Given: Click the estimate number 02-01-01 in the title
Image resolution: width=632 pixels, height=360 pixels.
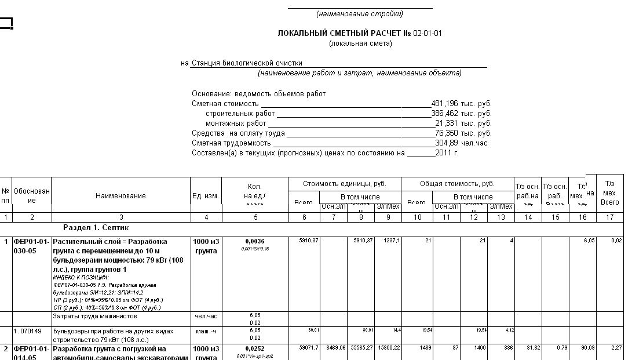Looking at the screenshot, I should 428,33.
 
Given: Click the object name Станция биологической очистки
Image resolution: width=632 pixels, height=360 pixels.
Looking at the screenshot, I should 247,63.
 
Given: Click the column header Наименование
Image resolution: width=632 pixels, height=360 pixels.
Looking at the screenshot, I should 120,196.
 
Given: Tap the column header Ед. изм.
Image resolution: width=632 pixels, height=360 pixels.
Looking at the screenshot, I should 206,196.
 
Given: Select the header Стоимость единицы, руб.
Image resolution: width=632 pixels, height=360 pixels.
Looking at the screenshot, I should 344,184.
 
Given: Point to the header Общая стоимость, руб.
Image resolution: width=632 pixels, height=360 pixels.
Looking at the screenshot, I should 457,184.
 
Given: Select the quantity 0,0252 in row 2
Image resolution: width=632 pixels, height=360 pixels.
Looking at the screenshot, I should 255,349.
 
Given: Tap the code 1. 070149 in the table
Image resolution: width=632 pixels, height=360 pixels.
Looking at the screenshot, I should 28,332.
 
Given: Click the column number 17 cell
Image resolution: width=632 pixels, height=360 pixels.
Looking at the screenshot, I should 609,217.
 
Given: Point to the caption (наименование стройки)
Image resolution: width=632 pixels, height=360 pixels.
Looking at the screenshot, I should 360,14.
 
